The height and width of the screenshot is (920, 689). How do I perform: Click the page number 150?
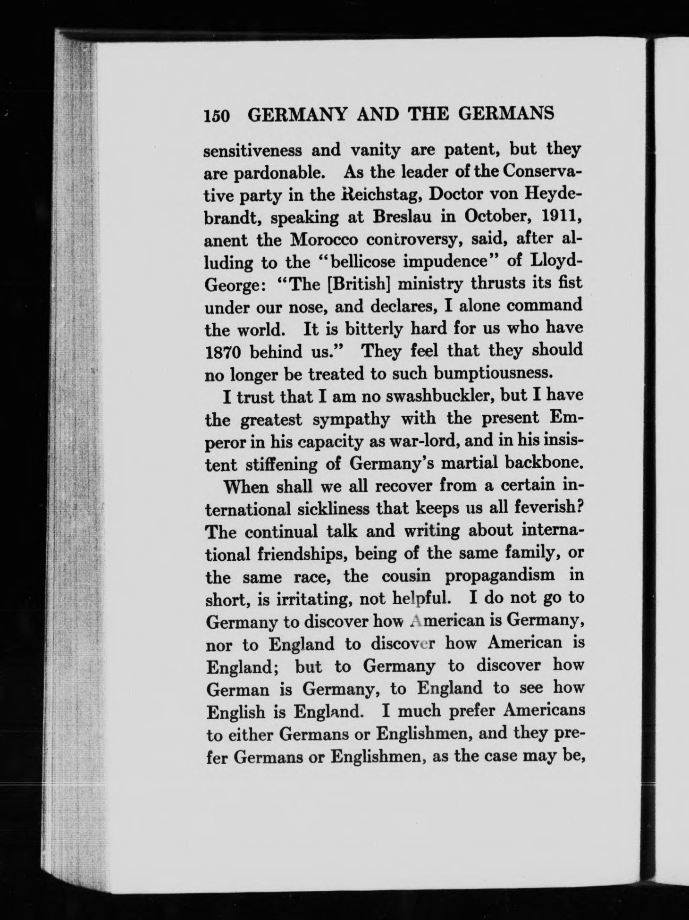coord(217,116)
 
